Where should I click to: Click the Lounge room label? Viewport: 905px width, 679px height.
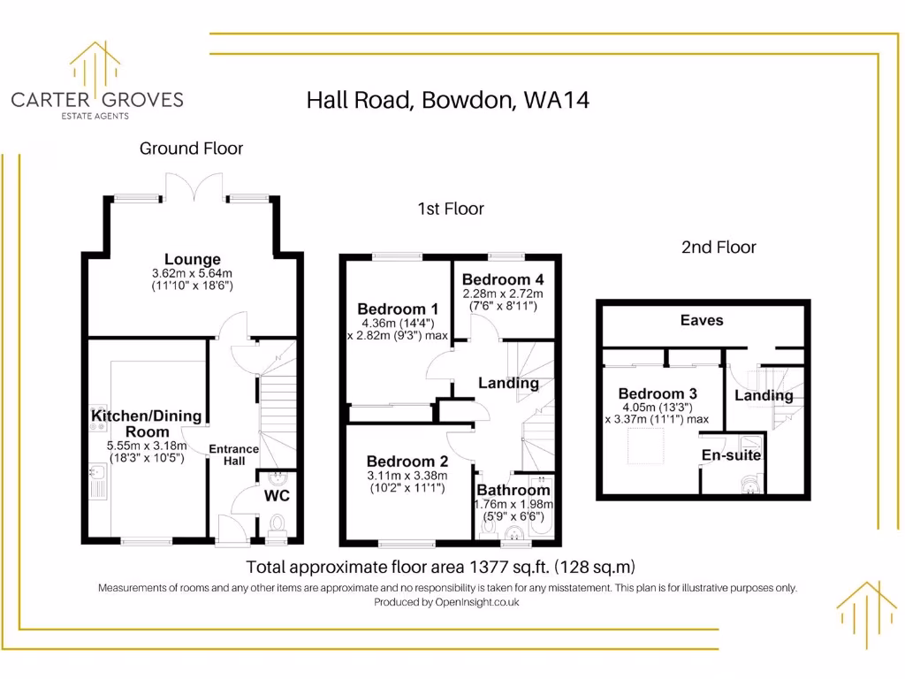tap(192, 260)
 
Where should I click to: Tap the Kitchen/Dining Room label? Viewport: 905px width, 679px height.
tap(146, 423)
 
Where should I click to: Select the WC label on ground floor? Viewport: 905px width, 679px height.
tap(277, 495)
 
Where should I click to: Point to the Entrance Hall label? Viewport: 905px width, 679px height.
tap(233, 454)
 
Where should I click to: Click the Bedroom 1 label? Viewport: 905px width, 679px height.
tap(398, 309)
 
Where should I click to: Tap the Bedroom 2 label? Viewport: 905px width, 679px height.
tap(407, 462)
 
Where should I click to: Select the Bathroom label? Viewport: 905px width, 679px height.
tap(513, 490)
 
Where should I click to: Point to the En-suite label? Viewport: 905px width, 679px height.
tap(731, 455)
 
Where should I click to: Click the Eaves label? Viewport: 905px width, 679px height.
tap(702, 320)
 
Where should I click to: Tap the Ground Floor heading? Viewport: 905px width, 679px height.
tap(191, 149)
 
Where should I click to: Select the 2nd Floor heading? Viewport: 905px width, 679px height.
tap(719, 248)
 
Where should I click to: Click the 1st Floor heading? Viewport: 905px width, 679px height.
tap(451, 209)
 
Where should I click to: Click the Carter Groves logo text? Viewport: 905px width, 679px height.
tap(97, 99)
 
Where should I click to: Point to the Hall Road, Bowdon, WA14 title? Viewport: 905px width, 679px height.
tap(447, 100)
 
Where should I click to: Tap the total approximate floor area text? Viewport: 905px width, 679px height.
tap(441, 567)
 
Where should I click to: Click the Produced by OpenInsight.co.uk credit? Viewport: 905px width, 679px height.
tap(446, 602)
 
